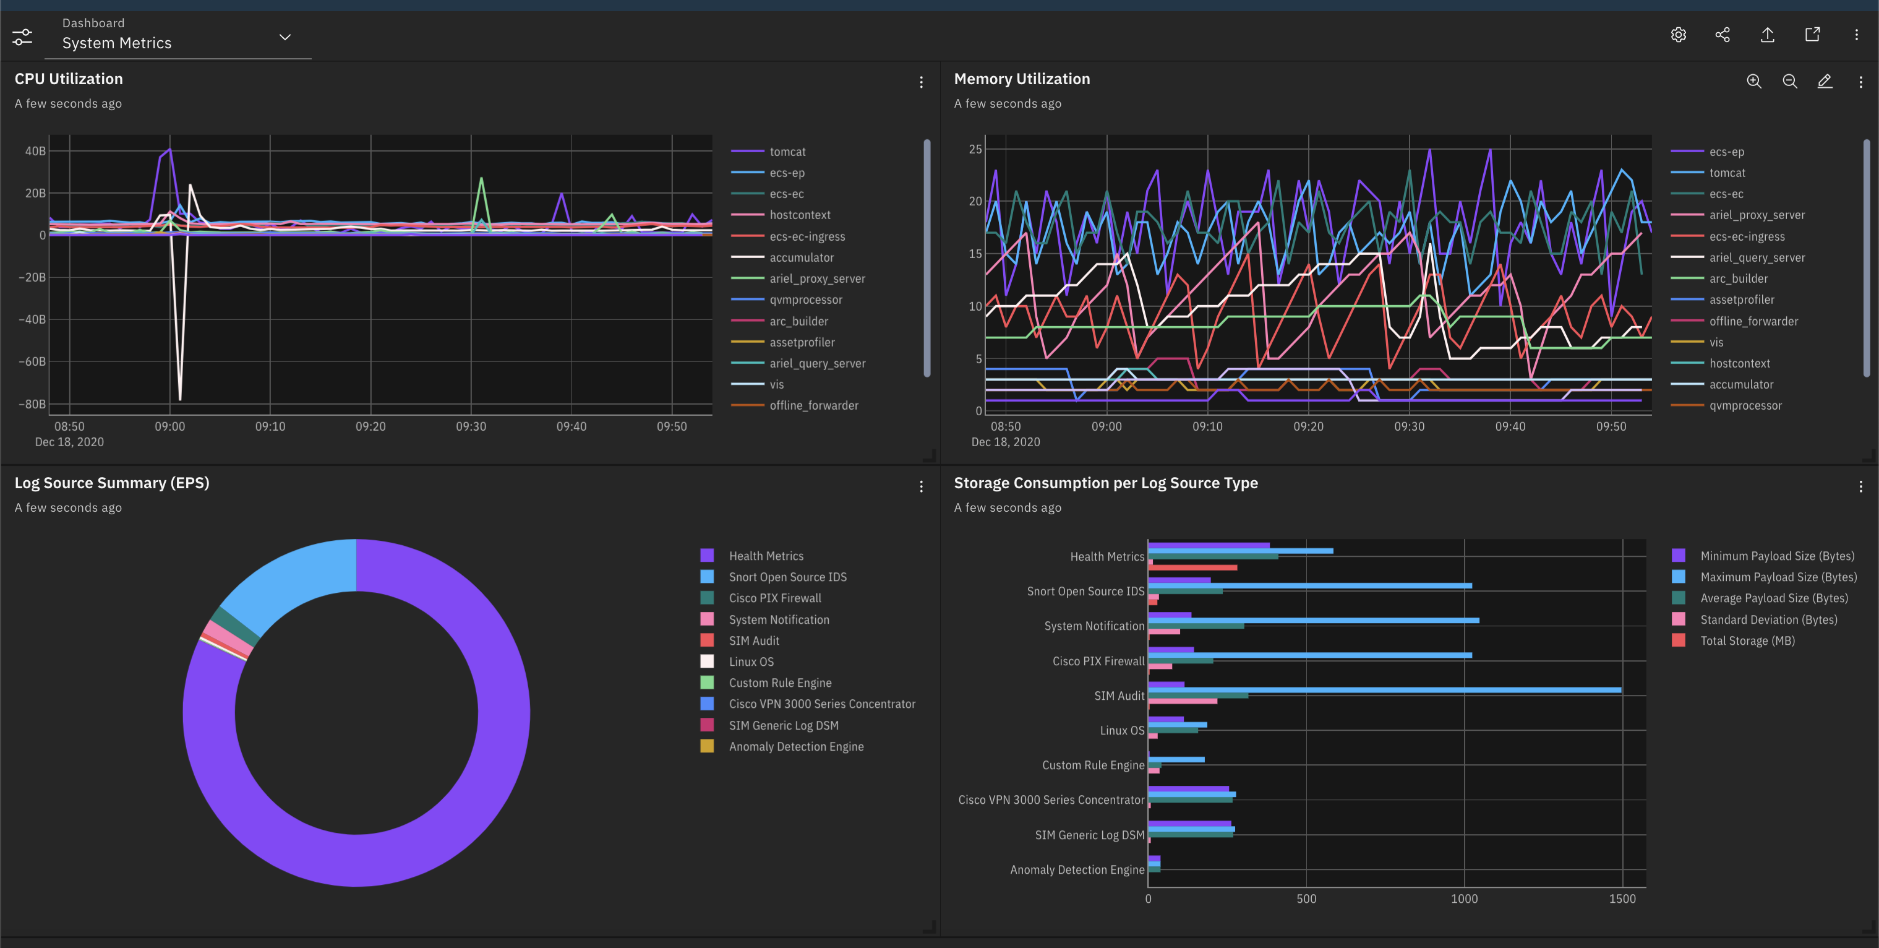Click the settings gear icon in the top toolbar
1679,35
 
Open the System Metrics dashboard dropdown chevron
285,37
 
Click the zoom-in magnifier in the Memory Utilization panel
1753,81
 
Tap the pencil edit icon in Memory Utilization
1825,81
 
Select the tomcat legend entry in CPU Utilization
787,152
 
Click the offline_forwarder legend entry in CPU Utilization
813,406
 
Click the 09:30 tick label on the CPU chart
471,427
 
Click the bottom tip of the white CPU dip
180,399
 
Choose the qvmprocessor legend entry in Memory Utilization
1745,406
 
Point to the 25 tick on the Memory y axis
975,150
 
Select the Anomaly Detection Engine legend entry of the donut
796,746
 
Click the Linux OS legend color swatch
707,662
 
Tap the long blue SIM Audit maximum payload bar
1386,690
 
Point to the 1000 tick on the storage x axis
1464,899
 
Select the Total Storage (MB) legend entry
1747,640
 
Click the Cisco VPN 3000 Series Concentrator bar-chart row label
1051,800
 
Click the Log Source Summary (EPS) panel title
111,483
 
